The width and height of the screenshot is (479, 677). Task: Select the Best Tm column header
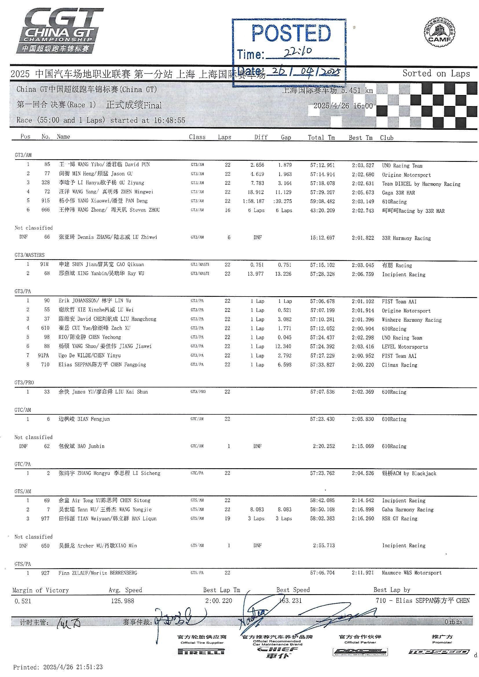click(360, 138)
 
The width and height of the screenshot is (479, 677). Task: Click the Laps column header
click(225, 137)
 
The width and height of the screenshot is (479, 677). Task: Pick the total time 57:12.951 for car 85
click(322, 165)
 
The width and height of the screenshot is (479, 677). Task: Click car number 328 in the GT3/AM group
click(45, 183)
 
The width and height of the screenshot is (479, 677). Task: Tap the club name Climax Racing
click(399, 365)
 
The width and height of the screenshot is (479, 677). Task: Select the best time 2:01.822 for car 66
click(362, 238)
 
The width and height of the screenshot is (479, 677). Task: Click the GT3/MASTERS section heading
click(30, 255)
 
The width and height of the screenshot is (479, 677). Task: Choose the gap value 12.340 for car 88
click(283, 347)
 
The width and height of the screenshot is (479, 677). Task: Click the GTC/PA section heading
click(22, 464)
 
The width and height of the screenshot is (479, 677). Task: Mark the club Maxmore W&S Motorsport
click(412, 573)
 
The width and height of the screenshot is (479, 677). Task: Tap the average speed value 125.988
click(123, 601)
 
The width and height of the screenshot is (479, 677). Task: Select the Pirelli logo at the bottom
click(201, 652)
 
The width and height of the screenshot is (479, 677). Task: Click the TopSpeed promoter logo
click(439, 652)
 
